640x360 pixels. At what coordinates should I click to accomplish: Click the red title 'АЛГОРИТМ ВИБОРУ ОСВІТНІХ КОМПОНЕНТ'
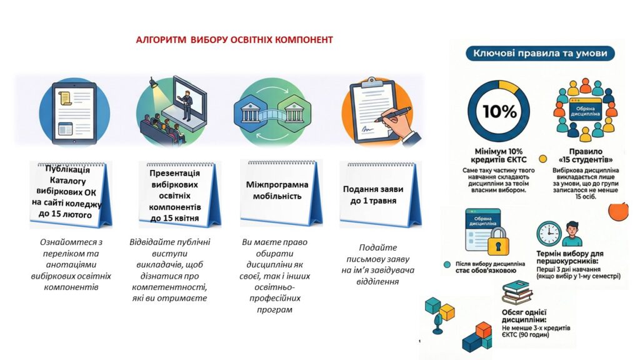(x=234, y=40)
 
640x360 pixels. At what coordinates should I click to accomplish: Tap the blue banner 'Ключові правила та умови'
(x=540, y=53)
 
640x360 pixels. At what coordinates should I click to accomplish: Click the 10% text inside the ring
(x=499, y=111)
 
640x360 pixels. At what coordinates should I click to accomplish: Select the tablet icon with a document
(x=74, y=113)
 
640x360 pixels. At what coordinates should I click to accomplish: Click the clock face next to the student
(x=549, y=234)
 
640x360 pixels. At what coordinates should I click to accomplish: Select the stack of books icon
(x=517, y=292)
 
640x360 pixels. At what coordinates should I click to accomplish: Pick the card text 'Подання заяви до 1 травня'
(x=373, y=195)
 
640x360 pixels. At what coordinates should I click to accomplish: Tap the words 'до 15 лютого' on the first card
(x=65, y=214)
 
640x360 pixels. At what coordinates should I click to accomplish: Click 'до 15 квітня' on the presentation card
(x=174, y=218)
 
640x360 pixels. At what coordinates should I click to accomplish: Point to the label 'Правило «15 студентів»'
(x=585, y=156)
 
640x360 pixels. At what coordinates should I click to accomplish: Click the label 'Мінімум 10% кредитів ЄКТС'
(x=498, y=156)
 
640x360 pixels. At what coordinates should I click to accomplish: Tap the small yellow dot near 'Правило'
(x=543, y=159)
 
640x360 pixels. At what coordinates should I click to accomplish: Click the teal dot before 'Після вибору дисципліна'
(x=447, y=264)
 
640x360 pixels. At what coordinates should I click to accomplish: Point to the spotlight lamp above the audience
(x=153, y=82)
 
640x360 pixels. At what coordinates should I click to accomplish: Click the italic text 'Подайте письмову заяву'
(x=377, y=253)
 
